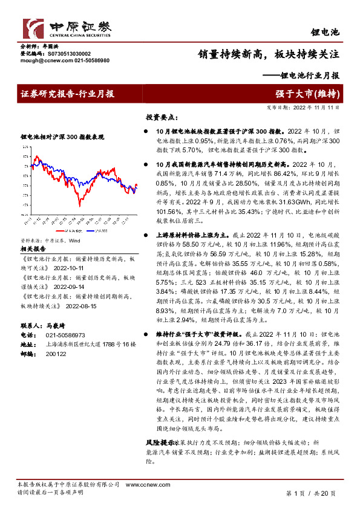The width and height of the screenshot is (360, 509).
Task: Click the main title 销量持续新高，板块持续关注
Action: tap(269, 53)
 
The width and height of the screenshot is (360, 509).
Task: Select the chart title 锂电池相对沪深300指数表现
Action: tap(62, 137)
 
